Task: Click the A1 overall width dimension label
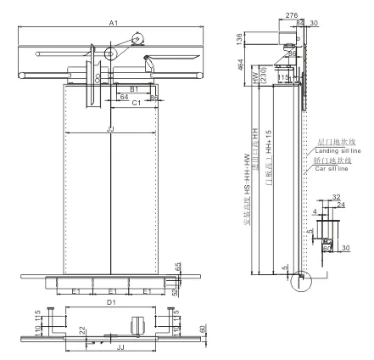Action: tap(112, 24)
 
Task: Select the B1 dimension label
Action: tap(132, 87)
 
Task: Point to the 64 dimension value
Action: tap(123, 97)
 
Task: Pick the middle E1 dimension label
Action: tap(112, 290)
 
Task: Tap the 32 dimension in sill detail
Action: tap(336, 197)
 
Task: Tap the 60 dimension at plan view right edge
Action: tap(201, 330)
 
